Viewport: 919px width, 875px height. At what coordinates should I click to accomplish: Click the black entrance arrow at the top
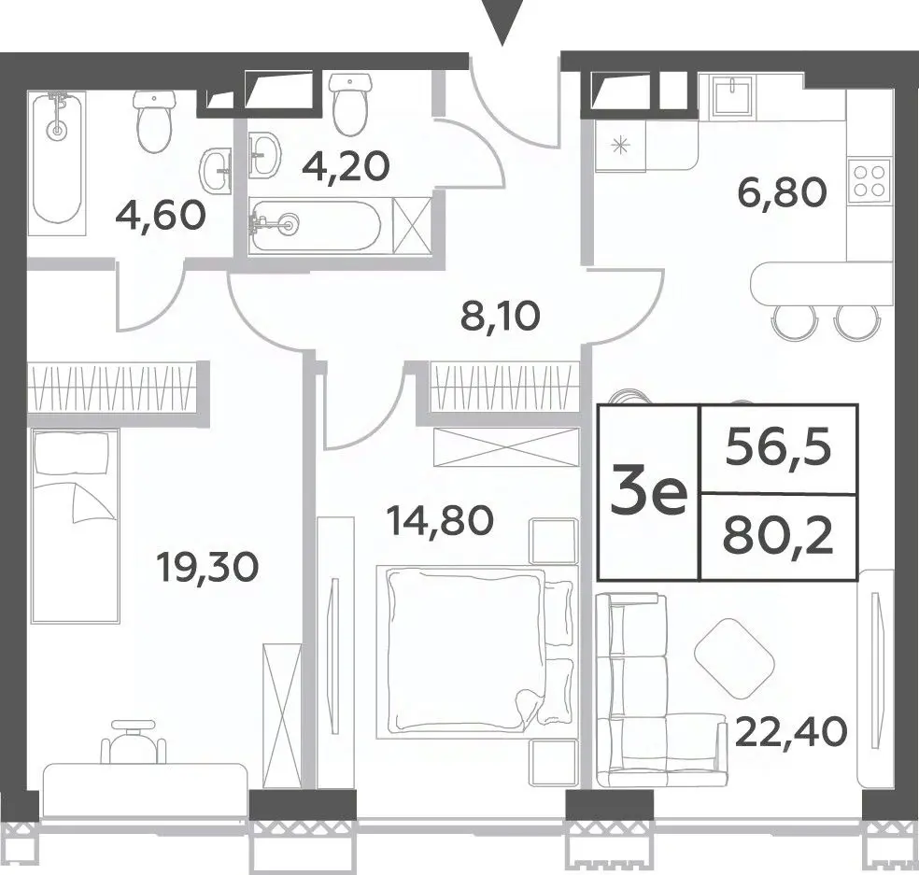[x=502, y=21]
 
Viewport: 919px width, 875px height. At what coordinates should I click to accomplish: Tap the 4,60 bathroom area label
[x=161, y=215]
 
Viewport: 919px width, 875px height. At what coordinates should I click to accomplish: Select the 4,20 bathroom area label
[x=346, y=166]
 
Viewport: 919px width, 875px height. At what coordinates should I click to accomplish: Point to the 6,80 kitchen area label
[x=783, y=192]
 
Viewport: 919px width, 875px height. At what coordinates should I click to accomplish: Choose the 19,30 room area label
[x=207, y=568]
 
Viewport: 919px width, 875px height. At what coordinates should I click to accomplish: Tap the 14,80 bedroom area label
[x=441, y=521]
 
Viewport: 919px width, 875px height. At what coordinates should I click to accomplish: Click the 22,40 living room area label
[x=790, y=732]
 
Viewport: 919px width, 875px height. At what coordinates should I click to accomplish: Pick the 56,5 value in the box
[x=778, y=449]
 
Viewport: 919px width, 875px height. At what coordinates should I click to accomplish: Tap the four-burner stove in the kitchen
[x=870, y=180]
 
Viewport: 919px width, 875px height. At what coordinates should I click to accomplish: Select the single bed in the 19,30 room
[x=76, y=526]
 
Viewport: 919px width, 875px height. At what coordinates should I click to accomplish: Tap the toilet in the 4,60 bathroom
[x=154, y=120]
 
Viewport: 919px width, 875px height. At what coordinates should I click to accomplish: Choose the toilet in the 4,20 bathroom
[x=351, y=105]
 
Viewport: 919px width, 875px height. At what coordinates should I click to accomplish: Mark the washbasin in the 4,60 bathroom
[x=217, y=171]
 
